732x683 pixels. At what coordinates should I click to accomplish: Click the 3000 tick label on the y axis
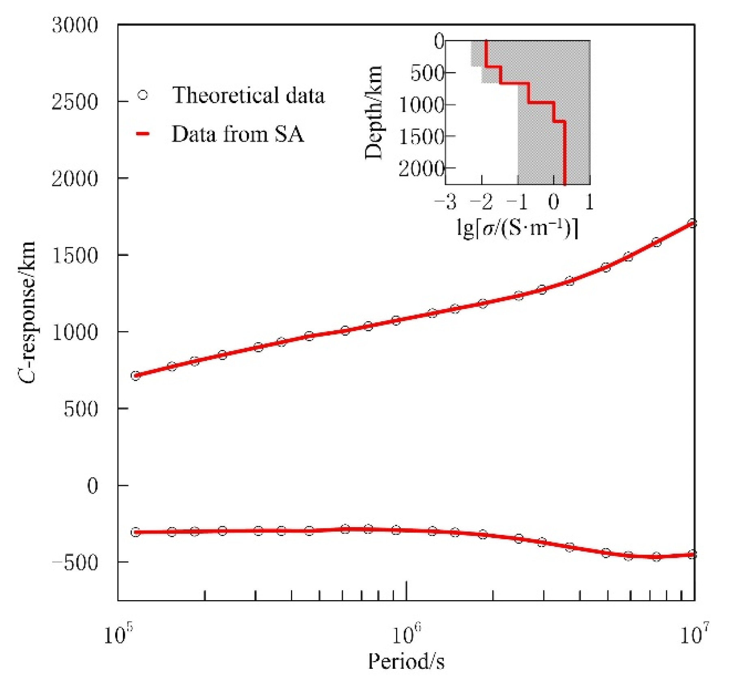click(75, 25)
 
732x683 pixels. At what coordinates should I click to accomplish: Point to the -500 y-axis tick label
click(75, 563)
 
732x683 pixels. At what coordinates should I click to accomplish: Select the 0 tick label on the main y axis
click(93, 486)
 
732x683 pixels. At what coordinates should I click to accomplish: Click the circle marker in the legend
click(143, 95)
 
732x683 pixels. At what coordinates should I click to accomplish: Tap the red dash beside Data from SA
click(143, 134)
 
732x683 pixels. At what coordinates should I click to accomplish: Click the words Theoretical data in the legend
click(248, 95)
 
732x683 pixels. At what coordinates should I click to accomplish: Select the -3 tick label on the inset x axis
click(446, 201)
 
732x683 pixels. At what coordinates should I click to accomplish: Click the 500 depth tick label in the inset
click(427, 73)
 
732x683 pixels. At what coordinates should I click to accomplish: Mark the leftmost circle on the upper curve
click(136, 376)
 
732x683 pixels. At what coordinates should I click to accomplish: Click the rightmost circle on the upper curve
click(692, 223)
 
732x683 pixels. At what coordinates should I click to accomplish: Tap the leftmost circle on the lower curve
click(136, 532)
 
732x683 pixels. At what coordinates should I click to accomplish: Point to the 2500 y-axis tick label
click(75, 102)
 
